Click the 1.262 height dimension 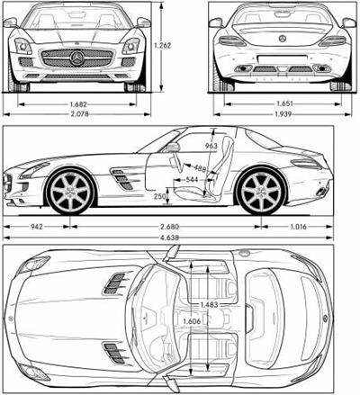point(162,46)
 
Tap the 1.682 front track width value point(78,104)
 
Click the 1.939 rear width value point(283,114)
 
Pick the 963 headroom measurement point(211,146)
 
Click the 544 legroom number point(192,179)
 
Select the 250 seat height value point(160,196)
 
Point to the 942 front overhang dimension point(37,227)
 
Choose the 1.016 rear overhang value point(299,227)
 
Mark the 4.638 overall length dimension point(170,238)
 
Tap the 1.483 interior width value point(209,305)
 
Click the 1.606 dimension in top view point(192,321)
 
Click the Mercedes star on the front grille point(77,58)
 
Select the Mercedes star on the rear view point(283,39)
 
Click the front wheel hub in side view point(71,191)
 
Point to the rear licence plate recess point(283,59)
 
